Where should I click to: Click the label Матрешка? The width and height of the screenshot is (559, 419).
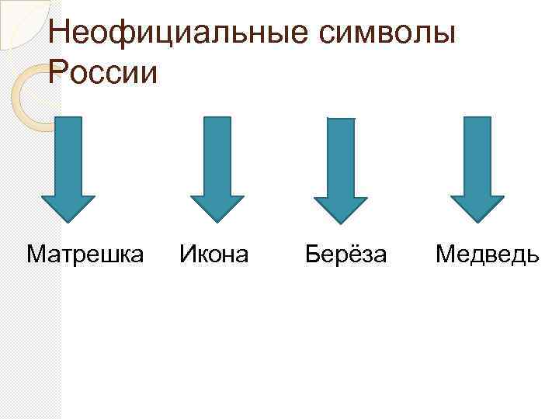(x=85, y=254)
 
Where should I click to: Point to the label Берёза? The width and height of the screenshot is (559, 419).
(x=345, y=254)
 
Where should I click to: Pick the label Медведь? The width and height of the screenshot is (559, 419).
(x=487, y=254)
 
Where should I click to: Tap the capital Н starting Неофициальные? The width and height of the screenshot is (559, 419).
(x=58, y=33)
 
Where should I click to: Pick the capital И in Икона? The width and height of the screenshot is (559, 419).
(x=187, y=254)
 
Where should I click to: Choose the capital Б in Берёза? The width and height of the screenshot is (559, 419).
(x=312, y=254)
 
